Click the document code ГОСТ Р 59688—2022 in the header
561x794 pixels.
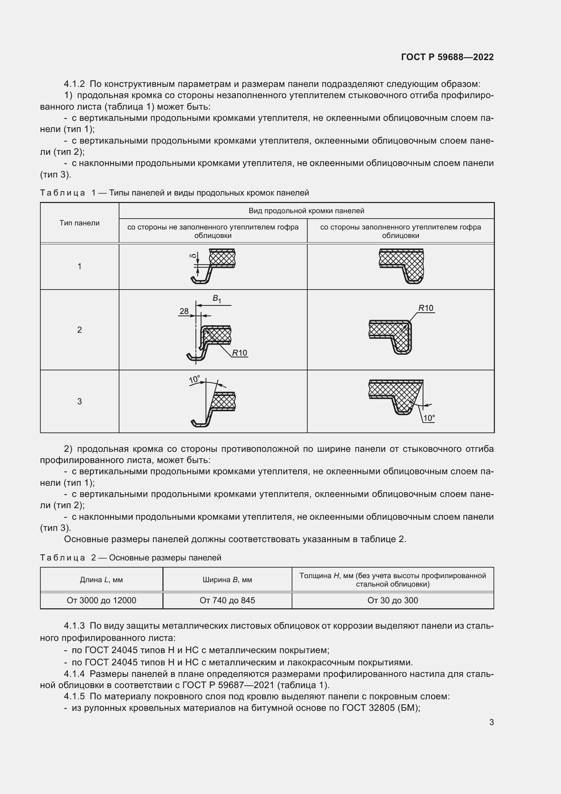tap(447, 57)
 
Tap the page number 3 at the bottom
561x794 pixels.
tap(491, 722)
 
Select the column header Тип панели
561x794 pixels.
tap(79, 223)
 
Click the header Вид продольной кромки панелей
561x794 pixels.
tap(306, 210)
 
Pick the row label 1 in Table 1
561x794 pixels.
tap(79, 266)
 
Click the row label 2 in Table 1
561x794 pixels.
tap(79, 330)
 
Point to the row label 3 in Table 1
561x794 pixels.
tap(79, 401)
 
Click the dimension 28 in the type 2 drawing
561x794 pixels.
tap(184, 311)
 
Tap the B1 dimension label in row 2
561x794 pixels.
tap(217, 298)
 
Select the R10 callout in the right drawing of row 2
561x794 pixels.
tap(426, 308)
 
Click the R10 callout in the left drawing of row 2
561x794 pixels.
tap(239, 353)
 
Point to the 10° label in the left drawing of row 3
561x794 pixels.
tap(194, 380)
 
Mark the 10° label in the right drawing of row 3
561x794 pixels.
tap(429, 418)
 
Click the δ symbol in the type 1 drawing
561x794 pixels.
tap(193, 256)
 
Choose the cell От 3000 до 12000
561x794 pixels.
tap(101, 601)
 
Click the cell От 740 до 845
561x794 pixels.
tap(227, 601)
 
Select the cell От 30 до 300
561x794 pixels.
tap(392, 601)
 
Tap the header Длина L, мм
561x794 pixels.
tap(101, 579)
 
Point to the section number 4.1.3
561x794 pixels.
tap(74, 626)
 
